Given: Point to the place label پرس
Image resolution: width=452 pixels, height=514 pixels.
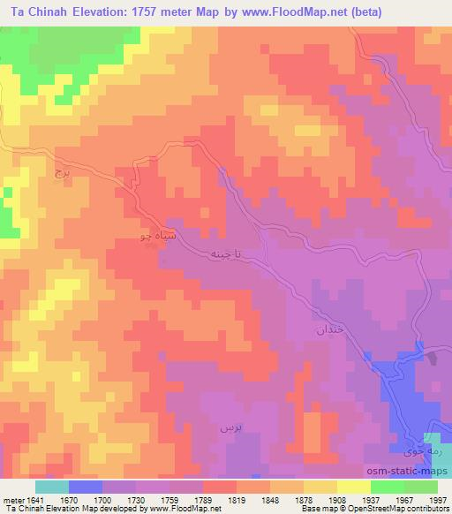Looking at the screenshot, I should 230,426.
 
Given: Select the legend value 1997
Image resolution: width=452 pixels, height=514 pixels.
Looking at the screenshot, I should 437,500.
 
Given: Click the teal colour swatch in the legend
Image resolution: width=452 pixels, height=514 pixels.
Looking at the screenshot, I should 52,487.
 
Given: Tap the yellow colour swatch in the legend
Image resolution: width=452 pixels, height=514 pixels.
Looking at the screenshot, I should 353,487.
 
